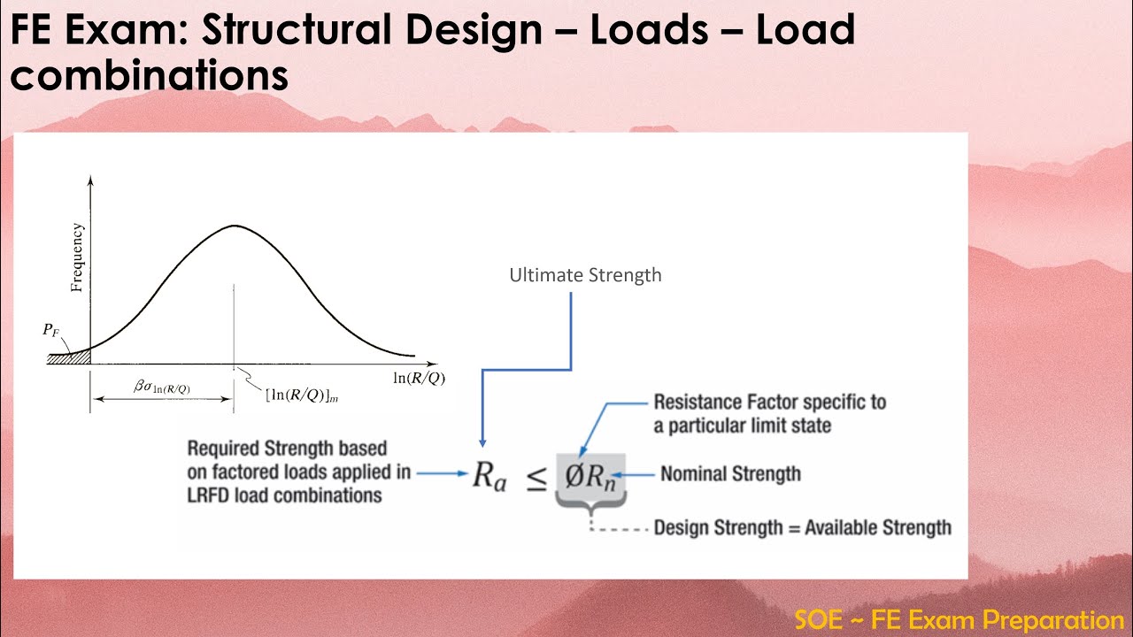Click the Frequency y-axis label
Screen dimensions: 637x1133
coord(78,257)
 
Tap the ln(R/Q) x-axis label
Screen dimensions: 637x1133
coord(419,379)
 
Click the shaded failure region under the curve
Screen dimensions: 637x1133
coord(74,357)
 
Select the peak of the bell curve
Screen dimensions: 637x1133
coord(234,226)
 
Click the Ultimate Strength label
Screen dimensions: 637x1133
coord(585,275)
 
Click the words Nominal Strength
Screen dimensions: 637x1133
coord(730,474)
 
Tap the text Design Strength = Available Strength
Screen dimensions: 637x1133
coord(802,528)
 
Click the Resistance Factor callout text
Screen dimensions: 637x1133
coord(769,413)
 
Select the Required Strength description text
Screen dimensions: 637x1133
coord(297,472)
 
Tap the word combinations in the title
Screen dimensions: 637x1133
coord(149,76)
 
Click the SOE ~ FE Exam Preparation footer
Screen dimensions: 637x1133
coord(959,619)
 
